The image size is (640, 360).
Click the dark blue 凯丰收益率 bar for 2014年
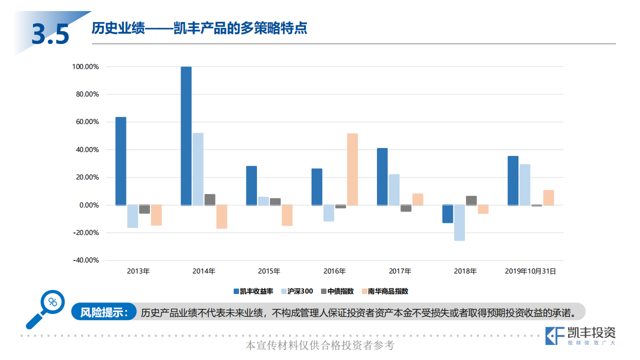click(x=186, y=136)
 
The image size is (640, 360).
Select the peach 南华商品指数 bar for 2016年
click(x=352, y=169)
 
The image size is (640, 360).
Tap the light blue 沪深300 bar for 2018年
click(x=459, y=223)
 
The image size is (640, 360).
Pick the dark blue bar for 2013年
click(x=120, y=161)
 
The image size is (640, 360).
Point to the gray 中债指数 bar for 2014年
click(x=210, y=199)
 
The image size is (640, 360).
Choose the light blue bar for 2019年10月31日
click(x=524, y=185)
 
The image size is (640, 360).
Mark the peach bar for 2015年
click(x=287, y=215)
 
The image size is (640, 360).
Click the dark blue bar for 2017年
click(x=382, y=177)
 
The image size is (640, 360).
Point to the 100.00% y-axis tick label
click(x=85, y=66)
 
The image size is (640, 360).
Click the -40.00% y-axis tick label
click(x=85, y=260)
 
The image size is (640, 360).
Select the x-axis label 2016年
click(x=334, y=271)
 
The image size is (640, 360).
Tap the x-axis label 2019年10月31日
click(x=530, y=271)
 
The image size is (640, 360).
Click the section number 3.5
click(x=50, y=34)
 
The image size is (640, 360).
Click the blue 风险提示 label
click(x=104, y=312)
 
